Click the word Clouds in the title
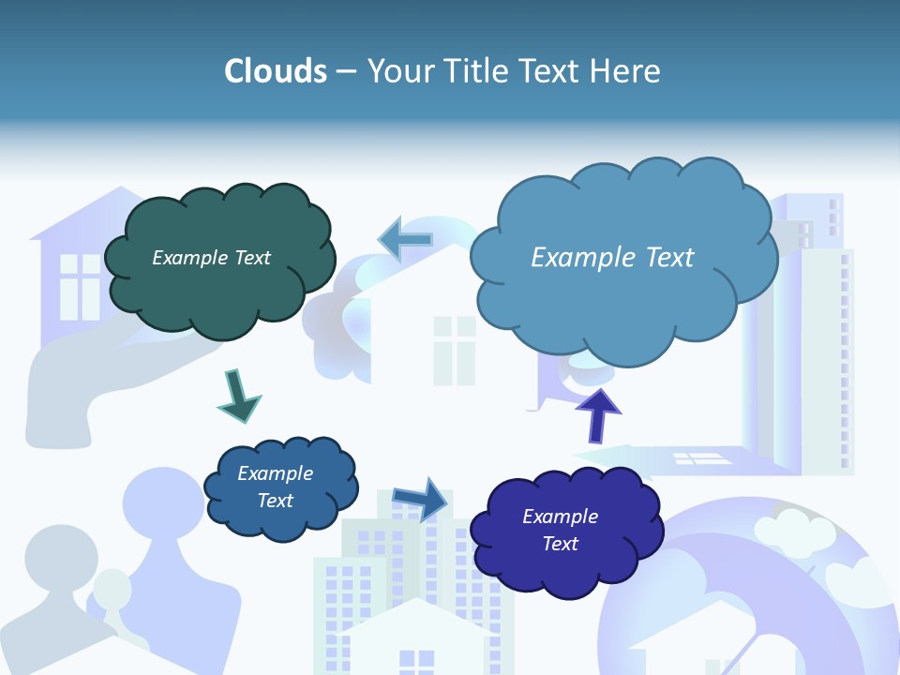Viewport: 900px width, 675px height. click(x=276, y=71)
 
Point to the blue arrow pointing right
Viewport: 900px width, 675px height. click(x=422, y=498)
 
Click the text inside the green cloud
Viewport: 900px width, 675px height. click(x=211, y=258)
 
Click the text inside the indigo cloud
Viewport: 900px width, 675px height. click(x=560, y=530)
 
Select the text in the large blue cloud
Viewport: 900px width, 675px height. click(x=612, y=258)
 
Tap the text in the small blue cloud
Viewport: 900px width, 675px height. click(x=275, y=487)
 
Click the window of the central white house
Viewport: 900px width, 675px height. click(x=455, y=350)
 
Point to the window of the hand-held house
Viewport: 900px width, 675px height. click(x=80, y=287)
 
